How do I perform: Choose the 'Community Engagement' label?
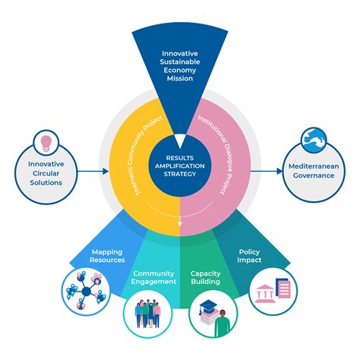pos(154,278)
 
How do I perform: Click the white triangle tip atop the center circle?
pos(180,140)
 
